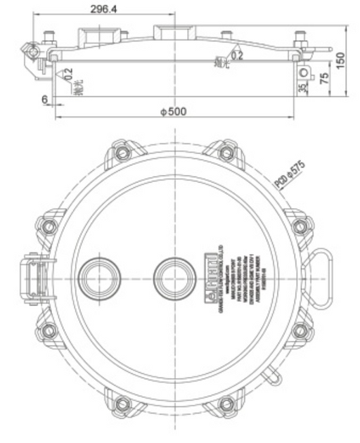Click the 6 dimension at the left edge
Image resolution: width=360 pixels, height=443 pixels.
(45, 101)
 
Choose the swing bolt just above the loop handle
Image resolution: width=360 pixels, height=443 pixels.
(300, 226)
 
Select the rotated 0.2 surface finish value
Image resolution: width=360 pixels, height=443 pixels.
(67, 72)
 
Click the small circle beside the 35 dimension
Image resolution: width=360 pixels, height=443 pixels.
(304, 73)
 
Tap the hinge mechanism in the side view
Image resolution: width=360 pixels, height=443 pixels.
(32, 56)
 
